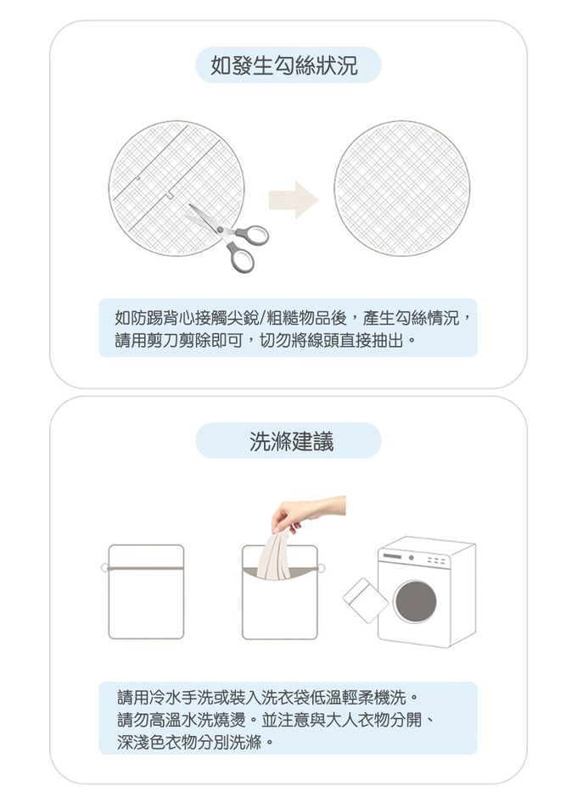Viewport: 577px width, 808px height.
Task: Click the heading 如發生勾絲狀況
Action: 284,65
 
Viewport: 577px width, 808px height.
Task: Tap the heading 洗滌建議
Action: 291,441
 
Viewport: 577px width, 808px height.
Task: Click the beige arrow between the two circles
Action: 294,199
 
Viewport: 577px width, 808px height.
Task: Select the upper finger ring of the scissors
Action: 253,236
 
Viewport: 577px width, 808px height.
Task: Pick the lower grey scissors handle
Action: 241,257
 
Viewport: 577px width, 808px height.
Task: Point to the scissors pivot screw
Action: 221,230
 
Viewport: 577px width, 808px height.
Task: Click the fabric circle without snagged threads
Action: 401,188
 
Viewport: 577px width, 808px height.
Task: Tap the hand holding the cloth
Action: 307,512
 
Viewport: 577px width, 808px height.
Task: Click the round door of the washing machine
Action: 415,601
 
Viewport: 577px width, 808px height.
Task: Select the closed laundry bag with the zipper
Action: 146,592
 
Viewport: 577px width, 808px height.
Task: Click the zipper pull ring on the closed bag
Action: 104,568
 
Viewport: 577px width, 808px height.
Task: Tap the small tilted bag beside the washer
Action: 366,599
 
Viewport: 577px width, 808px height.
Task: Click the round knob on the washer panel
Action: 411,558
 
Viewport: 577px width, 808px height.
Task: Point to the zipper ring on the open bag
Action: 322,568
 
